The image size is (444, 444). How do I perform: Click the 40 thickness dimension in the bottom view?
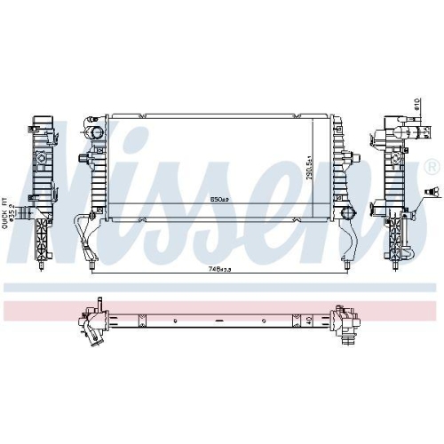click(x=309, y=321)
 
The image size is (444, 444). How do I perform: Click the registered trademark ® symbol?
click(x=432, y=167)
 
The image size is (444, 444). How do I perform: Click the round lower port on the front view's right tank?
click(x=348, y=213)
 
